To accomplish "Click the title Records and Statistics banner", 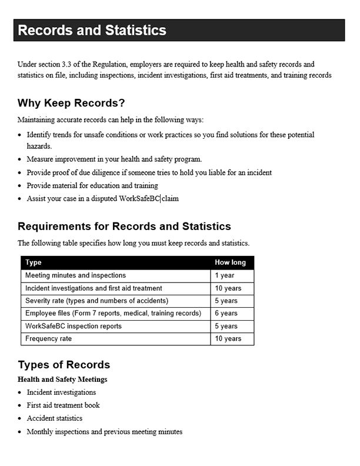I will click(92, 31).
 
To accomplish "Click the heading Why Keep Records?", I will click(71, 104).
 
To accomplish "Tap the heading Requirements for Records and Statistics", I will click(124, 227).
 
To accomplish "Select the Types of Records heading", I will click(64, 365).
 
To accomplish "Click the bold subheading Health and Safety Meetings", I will click(62, 380).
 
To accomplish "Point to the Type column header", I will click(34, 262).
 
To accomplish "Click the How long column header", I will click(230, 262).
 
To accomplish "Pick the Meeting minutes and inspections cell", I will click(75, 275).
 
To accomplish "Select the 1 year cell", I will click(225, 275).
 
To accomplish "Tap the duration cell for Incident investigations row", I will click(228, 288).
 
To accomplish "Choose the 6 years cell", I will click(226, 314).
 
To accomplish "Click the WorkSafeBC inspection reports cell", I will click(74, 326).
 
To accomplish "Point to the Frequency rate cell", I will click(48, 339).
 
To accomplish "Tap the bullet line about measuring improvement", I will click(114, 159).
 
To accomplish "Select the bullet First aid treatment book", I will click(63, 405).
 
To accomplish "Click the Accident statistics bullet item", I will click(54, 418).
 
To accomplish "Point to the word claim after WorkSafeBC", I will click(171, 198).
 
